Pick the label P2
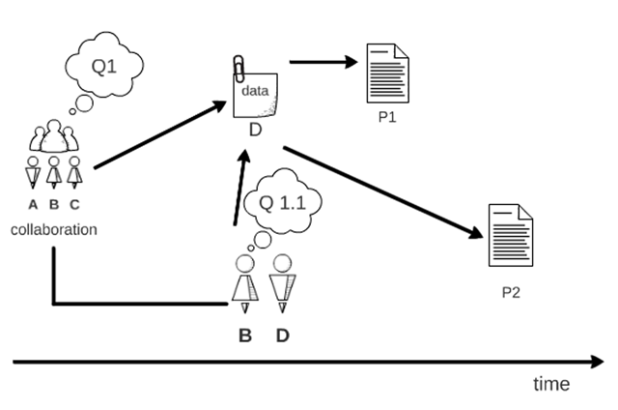(x=510, y=291)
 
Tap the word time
(x=551, y=384)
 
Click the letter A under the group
(x=33, y=204)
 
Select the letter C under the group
(x=75, y=204)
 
